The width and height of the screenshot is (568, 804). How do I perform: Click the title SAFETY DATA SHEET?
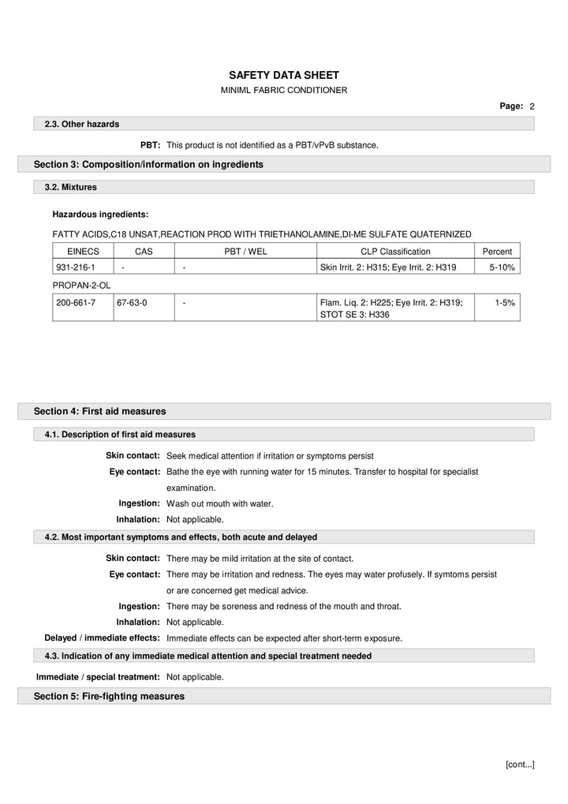283,74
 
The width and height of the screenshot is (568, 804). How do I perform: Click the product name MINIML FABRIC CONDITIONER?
283,90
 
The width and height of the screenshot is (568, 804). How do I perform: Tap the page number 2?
532,106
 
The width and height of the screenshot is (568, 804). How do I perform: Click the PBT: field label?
151,145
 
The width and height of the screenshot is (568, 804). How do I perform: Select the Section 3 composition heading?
148,164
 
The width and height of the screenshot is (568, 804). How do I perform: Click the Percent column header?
497,252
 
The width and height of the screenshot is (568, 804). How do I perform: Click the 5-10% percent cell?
502,267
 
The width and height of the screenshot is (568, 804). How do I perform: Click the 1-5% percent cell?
505,302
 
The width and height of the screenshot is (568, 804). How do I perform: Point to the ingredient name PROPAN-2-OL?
79,284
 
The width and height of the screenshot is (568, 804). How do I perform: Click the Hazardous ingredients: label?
100,214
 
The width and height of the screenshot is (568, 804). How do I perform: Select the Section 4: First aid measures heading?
99,411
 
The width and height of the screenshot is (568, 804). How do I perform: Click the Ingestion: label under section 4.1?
140,503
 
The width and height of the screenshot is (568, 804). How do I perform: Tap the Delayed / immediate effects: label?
102,638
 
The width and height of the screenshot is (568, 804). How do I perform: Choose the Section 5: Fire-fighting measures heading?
109,696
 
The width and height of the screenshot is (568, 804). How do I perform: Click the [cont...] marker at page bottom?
520,764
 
